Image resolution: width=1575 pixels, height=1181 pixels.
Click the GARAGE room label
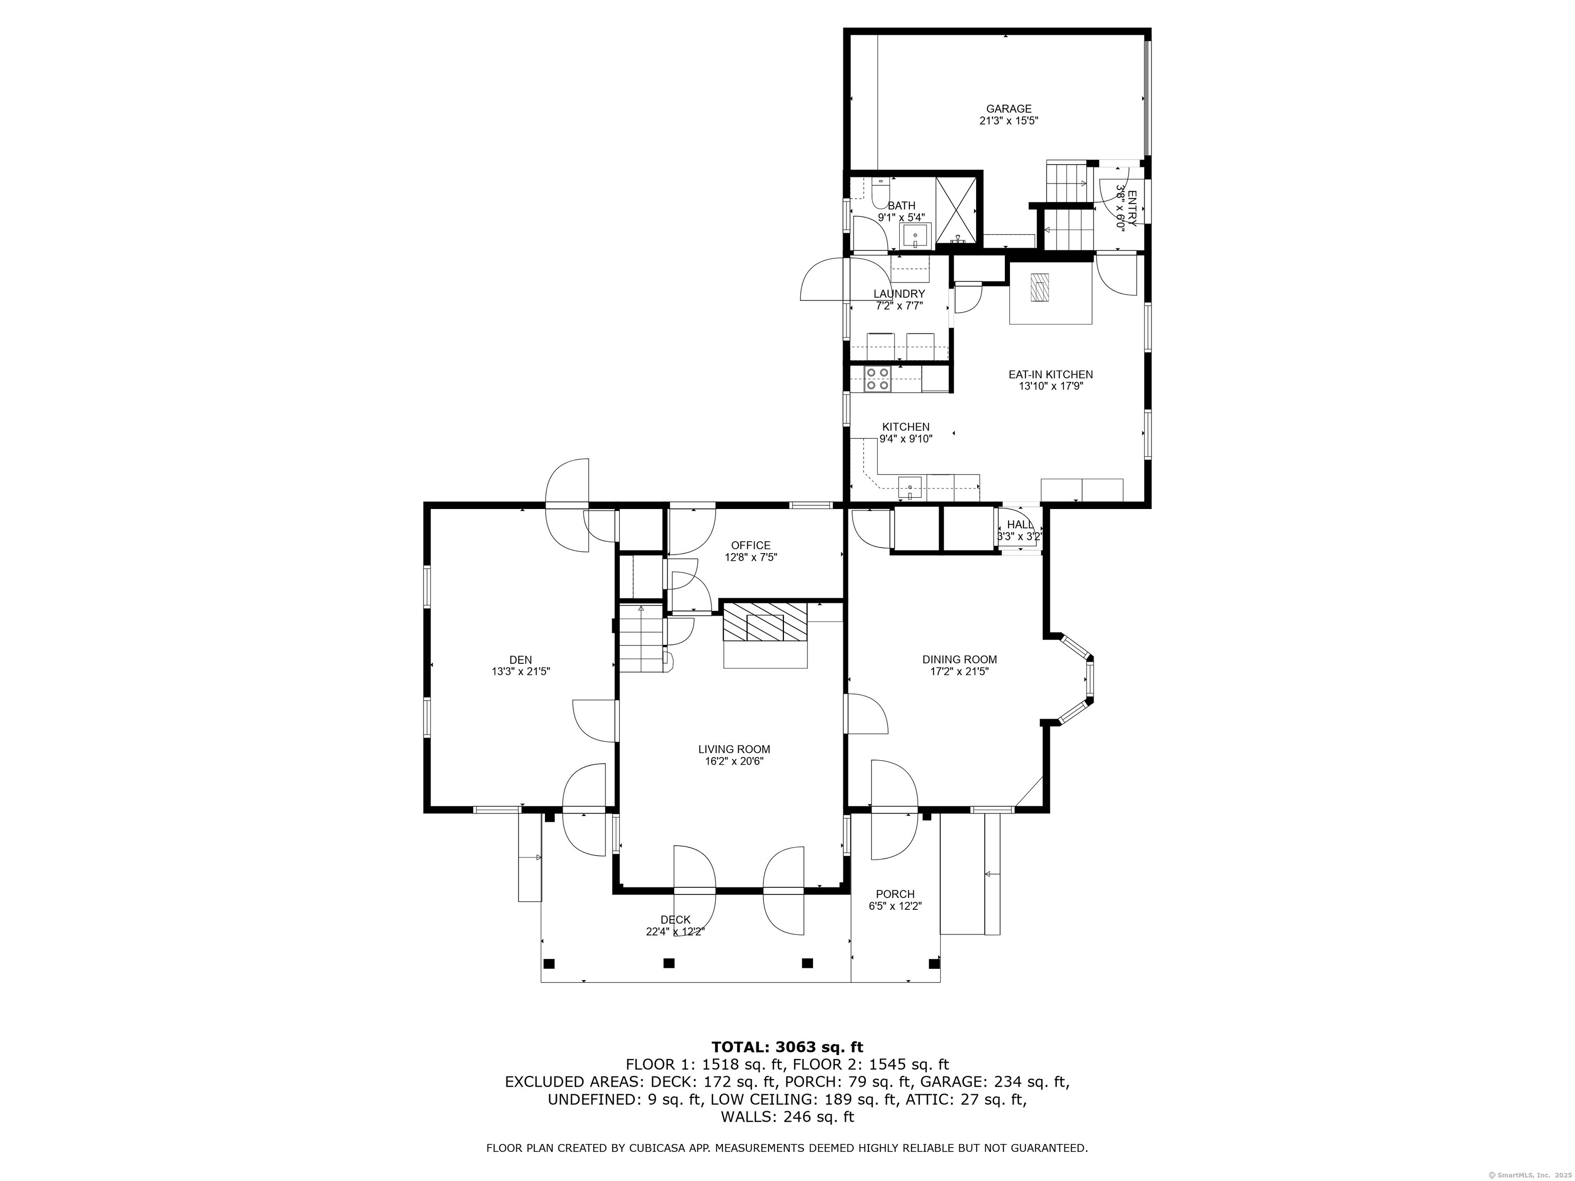[1008, 109]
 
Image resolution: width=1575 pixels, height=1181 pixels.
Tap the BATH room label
[901, 206]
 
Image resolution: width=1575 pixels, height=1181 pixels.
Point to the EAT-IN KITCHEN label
[1050, 375]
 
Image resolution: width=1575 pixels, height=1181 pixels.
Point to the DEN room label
[520, 660]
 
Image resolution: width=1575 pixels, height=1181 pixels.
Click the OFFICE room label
[751, 546]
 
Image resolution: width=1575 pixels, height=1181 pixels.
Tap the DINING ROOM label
[959, 660]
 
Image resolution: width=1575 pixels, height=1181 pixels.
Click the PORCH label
[895, 894]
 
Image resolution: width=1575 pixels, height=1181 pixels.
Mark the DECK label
[675, 920]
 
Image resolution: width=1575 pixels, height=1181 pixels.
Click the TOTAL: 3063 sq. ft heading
[787, 1047]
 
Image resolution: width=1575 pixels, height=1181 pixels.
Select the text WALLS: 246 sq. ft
[787, 1117]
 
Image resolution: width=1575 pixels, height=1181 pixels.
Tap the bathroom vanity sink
[915, 234]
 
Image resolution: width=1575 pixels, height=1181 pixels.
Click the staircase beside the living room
[641, 639]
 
